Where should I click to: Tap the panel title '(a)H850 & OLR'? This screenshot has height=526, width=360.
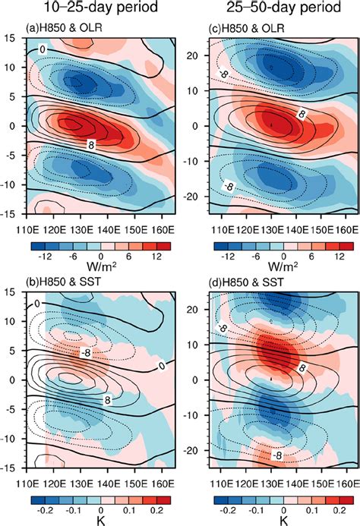[x=71, y=30]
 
